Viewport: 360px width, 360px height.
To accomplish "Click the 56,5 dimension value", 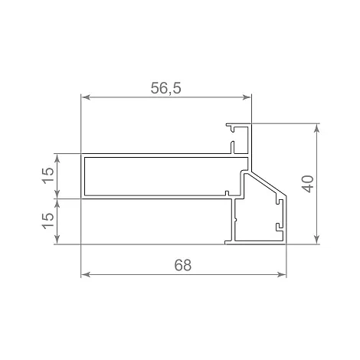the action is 165,88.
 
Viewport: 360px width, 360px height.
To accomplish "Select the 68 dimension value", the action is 183,265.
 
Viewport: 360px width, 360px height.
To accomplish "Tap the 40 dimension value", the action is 308,184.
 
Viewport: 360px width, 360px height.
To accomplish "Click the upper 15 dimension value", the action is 48,175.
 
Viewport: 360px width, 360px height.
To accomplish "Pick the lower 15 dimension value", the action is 48,221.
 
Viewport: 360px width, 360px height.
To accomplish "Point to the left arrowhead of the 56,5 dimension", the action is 86,97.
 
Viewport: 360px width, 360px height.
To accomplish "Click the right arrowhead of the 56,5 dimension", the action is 247,97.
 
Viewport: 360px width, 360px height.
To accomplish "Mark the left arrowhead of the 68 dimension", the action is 86,275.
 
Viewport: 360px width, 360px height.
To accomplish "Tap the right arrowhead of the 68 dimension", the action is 281,275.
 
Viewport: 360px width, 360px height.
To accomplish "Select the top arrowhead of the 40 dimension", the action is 317,129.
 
